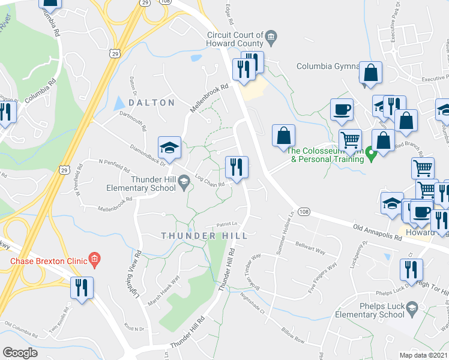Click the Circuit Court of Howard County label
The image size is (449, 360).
(x=234, y=40)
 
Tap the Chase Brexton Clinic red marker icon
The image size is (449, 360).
(x=94, y=260)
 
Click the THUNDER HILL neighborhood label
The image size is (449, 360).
(x=204, y=236)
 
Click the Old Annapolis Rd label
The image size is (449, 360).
(x=377, y=231)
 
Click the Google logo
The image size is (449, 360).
(x=20, y=352)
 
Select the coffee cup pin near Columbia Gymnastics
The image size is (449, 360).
(x=342, y=109)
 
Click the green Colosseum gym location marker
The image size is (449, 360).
(x=371, y=154)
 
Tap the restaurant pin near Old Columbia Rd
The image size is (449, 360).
(x=82, y=287)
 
